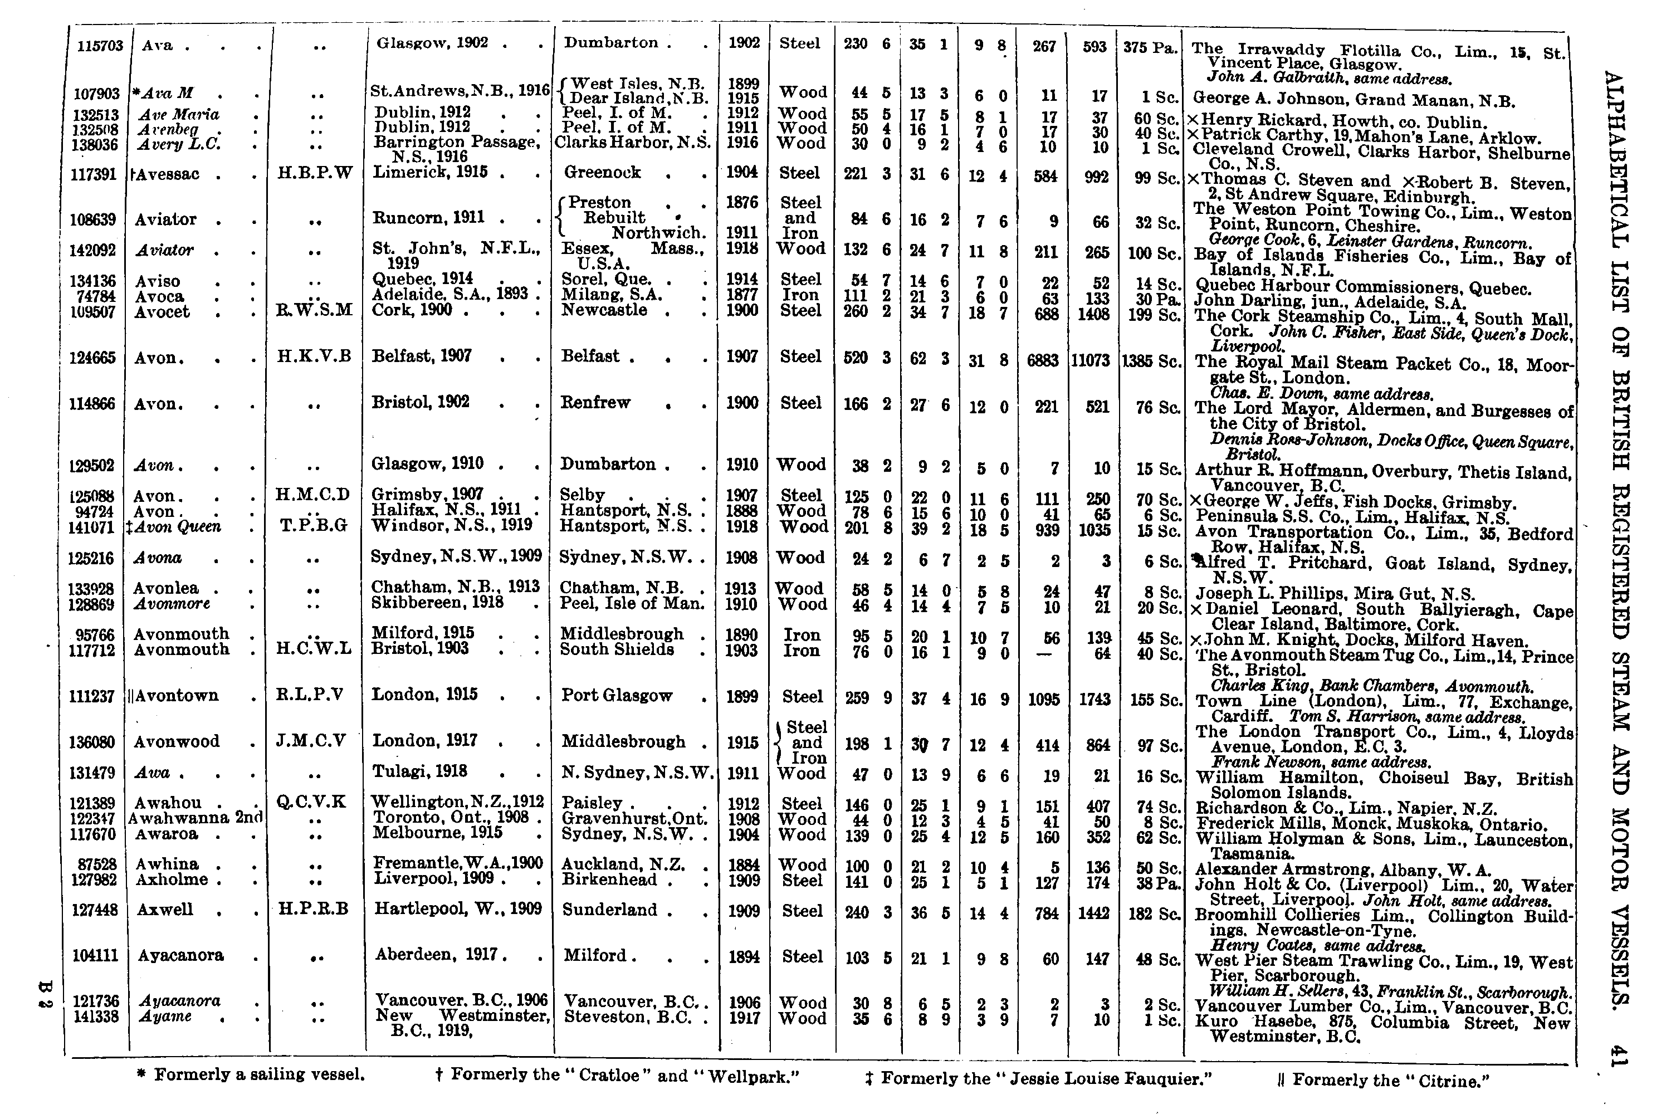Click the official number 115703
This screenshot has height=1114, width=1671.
tap(100, 46)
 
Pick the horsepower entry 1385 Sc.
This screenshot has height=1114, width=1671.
tap(1151, 361)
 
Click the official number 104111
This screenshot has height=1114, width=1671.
tap(95, 956)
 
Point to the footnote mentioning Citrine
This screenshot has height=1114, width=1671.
tap(1381, 1081)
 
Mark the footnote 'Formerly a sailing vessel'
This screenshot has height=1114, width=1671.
tap(252, 1074)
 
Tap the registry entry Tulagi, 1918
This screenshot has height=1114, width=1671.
tap(420, 771)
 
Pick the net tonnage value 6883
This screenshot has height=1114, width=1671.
tap(1042, 361)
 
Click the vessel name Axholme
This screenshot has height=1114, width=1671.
tap(171, 880)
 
